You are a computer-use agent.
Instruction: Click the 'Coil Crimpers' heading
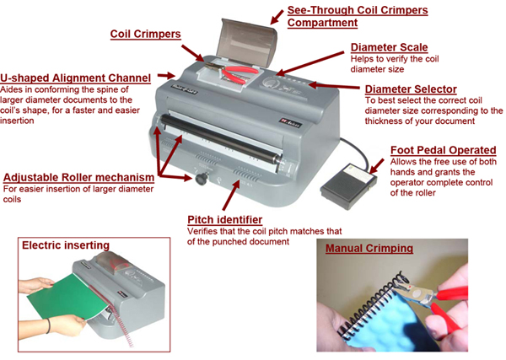[x=145, y=35]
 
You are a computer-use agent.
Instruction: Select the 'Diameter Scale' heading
[x=389, y=47]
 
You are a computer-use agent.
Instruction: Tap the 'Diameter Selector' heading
[x=411, y=89]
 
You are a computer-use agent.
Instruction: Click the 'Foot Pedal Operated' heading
[x=443, y=150]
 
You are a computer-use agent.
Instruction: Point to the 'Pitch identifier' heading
[x=224, y=220]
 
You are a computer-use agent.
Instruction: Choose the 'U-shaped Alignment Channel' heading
[x=76, y=78]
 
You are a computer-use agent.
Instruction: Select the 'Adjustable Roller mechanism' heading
[x=78, y=177]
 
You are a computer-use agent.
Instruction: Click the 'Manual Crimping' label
[x=369, y=248]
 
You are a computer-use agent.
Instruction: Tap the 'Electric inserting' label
[x=66, y=245]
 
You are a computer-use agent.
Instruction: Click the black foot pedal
[x=348, y=186]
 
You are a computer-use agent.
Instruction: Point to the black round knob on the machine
[x=202, y=179]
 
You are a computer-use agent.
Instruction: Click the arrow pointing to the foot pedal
[x=377, y=166]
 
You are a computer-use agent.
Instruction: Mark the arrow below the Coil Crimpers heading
[x=192, y=53]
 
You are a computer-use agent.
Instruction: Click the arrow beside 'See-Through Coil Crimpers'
[x=277, y=17]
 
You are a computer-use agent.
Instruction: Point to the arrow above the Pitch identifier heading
[x=231, y=196]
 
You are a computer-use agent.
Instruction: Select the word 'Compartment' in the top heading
[x=322, y=23]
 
